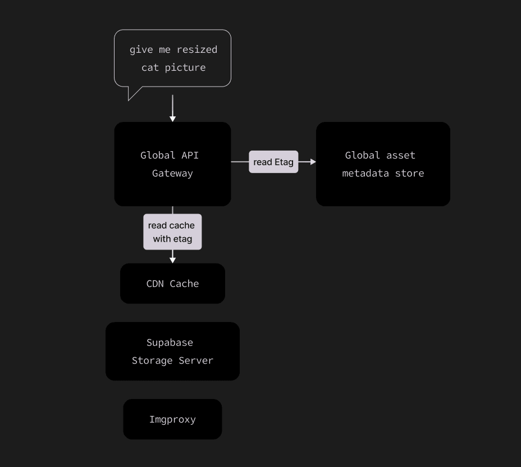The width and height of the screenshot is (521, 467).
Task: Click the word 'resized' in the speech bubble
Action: pyautogui.click(x=196, y=49)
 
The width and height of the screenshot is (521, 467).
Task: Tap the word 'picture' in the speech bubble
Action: pyautogui.click(x=185, y=67)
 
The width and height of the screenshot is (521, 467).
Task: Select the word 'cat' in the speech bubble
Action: pyautogui.click(x=150, y=67)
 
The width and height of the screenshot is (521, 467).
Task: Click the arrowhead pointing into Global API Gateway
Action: pyautogui.click(x=172, y=118)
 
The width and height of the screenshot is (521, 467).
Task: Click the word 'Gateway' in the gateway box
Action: pyautogui.click(x=172, y=173)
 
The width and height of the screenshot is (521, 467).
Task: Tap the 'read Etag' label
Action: pyautogui.click(x=273, y=162)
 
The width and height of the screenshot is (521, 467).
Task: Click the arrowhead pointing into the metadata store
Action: pyautogui.click(x=313, y=162)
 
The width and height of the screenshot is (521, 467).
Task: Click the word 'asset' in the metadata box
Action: pyautogui.click(x=400, y=155)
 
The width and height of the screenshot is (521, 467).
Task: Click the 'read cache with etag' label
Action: pyautogui.click(x=172, y=232)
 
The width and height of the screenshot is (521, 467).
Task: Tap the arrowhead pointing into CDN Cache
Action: pyautogui.click(x=172, y=260)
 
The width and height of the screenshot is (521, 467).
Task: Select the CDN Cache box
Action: pyautogui.click(x=172, y=283)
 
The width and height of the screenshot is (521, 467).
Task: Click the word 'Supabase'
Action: pyautogui.click(x=170, y=342)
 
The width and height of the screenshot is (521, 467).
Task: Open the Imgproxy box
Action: pyautogui.click(x=172, y=419)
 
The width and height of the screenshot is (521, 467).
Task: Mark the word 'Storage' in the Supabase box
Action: pyautogui.click(x=152, y=360)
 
